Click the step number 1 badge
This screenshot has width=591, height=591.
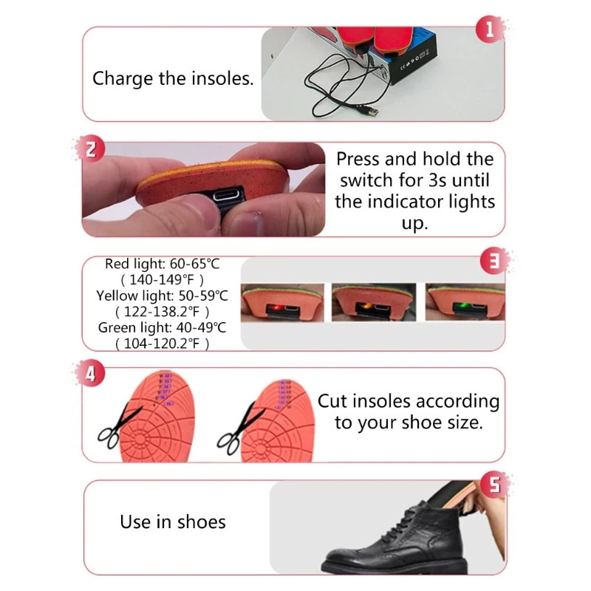pos(488,30)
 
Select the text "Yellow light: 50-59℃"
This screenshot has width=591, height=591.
pos(163,296)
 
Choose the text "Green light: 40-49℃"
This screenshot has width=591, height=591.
pos(163,328)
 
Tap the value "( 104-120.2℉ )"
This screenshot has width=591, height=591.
pos(163,344)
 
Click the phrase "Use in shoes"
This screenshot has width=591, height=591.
pos(173,522)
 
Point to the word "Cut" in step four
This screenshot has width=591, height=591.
pos(332,401)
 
